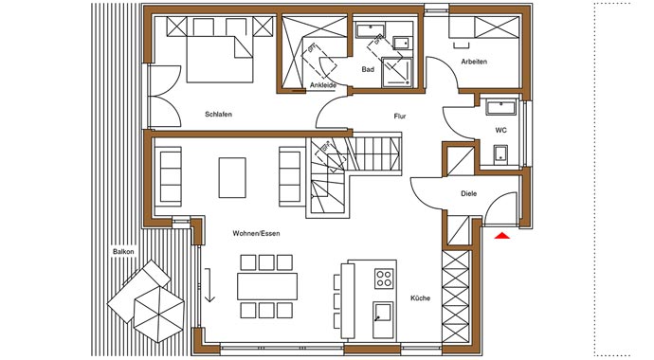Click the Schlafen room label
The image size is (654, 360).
pyautogui.click(x=218, y=114)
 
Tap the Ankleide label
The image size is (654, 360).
pyautogui.click(x=323, y=85)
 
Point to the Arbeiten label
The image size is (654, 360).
pyautogui.click(x=474, y=62)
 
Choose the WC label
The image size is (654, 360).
pyautogui.click(x=500, y=130)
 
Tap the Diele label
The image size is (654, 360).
pyautogui.click(x=468, y=195)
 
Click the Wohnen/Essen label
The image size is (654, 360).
pyautogui.click(x=256, y=233)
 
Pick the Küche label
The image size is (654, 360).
pyautogui.click(x=420, y=298)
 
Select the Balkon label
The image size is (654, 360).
pyautogui.click(x=123, y=251)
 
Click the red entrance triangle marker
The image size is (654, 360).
pyautogui.click(x=500, y=234)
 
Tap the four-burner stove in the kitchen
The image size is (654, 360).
pyautogui.click(x=384, y=279)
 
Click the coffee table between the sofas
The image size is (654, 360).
pyautogui.click(x=232, y=176)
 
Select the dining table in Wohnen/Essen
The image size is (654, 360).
pyautogui.click(x=267, y=285)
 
